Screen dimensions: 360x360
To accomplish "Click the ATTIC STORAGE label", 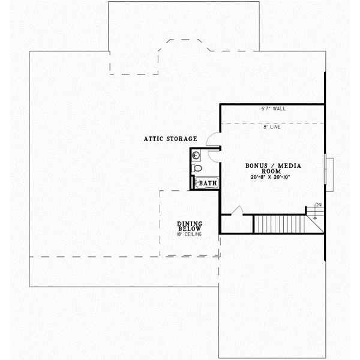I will pos(170,139).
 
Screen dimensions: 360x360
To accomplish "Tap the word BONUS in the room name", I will pos(257,165).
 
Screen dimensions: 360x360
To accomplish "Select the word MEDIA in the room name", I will pos(289,165).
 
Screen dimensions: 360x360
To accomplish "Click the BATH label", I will pos(208,183).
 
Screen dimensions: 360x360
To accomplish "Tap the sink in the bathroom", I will pos(196,155).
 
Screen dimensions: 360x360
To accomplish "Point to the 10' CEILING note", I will pos(189,234).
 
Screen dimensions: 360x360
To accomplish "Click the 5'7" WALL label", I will pos(273,109).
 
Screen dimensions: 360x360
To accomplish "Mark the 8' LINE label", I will pos(273,127).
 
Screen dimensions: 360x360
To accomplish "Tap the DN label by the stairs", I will pos(319,205).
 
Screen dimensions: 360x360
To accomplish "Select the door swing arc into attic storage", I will pos(212,141).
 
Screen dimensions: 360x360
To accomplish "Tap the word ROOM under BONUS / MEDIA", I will pos(273,171).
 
